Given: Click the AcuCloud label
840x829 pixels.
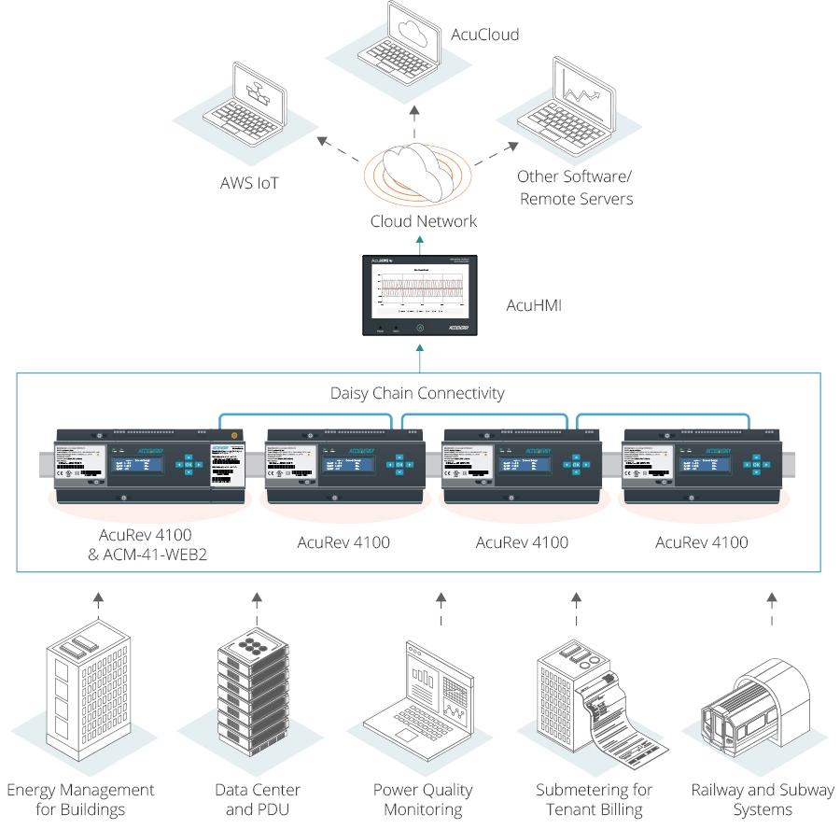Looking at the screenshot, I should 484,35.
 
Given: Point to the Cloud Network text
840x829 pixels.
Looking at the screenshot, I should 424,221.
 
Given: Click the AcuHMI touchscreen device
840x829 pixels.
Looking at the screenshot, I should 421,295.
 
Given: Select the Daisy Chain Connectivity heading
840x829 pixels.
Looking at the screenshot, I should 417,393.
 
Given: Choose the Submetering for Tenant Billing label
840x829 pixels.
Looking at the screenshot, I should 595,799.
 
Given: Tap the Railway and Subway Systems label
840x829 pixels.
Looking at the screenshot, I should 763,799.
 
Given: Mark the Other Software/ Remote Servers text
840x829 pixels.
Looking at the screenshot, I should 576,187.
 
